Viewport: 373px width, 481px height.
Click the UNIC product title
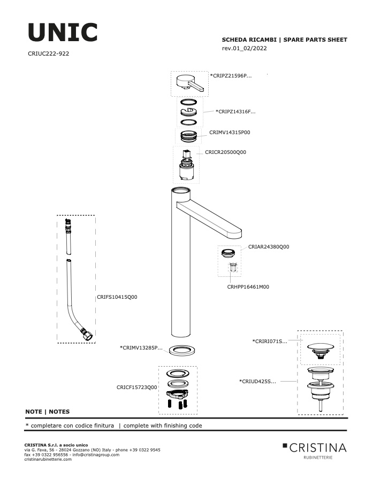[63, 32]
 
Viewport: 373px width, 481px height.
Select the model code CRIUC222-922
[49, 53]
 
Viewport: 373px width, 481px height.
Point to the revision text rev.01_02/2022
[244, 48]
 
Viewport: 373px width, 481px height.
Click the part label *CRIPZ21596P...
[231, 76]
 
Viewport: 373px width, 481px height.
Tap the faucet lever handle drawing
[189, 83]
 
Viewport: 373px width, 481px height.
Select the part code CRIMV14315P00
[230, 133]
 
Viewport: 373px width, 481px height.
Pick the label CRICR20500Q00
[225, 152]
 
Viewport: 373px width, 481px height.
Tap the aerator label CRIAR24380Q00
[269, 246]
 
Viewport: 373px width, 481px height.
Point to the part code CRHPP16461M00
[248, 287]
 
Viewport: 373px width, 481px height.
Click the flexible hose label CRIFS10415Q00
[117, 297]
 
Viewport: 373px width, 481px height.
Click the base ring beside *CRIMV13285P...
[182, 350]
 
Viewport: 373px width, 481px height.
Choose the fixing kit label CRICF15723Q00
[136, 387]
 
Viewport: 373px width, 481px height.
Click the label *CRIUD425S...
[257, 382]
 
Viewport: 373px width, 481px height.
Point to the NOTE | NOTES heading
[47, 412]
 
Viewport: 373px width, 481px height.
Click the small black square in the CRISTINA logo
[285, 445]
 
